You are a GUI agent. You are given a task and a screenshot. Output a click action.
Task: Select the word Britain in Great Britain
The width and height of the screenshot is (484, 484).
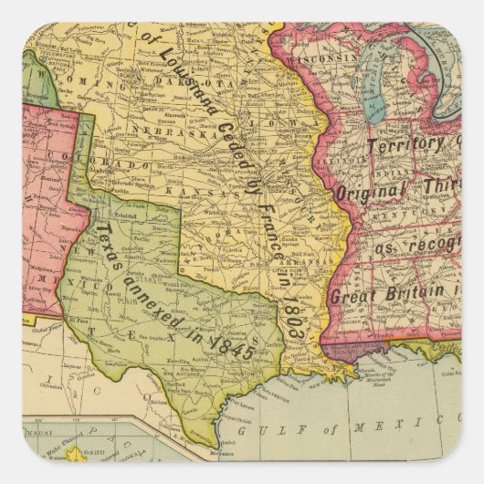click(x=412, y=293)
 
